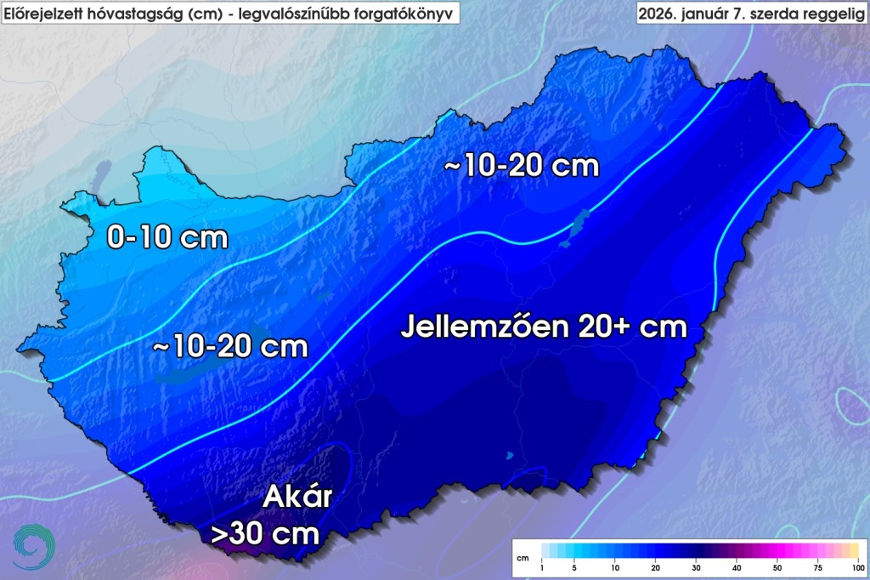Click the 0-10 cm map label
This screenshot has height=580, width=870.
click(167, 237)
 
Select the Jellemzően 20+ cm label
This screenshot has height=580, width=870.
click(544, 327)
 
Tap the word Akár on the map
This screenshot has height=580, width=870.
click(297, 496)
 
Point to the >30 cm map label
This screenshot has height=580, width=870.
click(265, 534)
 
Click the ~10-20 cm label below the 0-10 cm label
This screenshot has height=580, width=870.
click(230, 347)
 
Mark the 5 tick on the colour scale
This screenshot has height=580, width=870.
click(575, 566)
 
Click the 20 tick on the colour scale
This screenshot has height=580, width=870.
click(656, 566)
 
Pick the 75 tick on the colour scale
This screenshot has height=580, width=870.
click(817, 566)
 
